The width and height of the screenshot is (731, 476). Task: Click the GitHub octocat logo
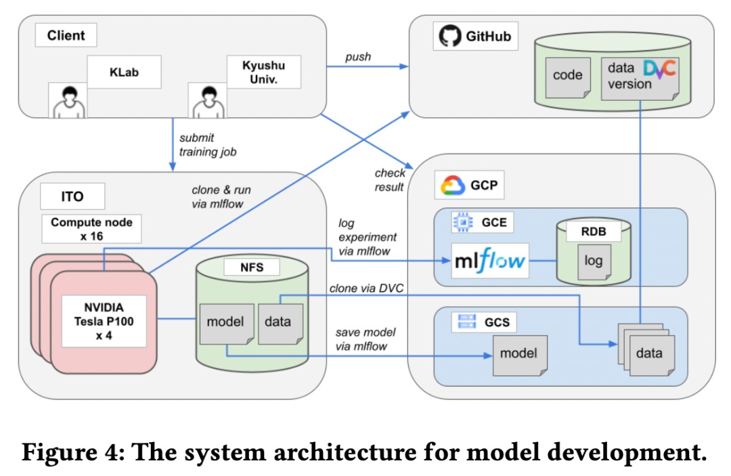[x=450, y=35]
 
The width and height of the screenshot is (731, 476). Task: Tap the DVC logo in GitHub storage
[x=660, y=68]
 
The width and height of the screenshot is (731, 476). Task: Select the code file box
[x=568, y=77]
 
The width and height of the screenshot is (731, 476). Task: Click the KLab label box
[x=124, y=72]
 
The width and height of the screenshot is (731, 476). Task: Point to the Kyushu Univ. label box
[x=264, y=72]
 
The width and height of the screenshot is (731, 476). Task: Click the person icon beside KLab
[x=68, y=101]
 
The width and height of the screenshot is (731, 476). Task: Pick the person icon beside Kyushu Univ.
[x=208, y=101]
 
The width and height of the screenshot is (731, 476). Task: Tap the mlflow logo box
[x=490, y=261]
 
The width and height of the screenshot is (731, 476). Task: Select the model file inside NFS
[x=227, y=324]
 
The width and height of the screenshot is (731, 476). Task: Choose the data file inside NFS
[x=280, y=324]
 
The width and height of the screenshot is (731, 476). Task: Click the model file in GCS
[x=520, y=355]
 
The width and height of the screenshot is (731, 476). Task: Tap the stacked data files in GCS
[x=646, y=349]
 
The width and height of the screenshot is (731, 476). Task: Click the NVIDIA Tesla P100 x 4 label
[x=104, y=321]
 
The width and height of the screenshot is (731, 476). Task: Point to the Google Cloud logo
[x=453, y=185]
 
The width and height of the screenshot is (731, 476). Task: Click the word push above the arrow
[x=358, y=57]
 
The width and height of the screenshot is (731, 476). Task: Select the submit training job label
[x=208, y=144]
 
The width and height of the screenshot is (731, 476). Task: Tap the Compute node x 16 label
[x=91, y=229]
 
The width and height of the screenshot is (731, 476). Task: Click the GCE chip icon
[x=463, y=222]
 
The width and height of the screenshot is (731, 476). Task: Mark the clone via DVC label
[x=366, y=288]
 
